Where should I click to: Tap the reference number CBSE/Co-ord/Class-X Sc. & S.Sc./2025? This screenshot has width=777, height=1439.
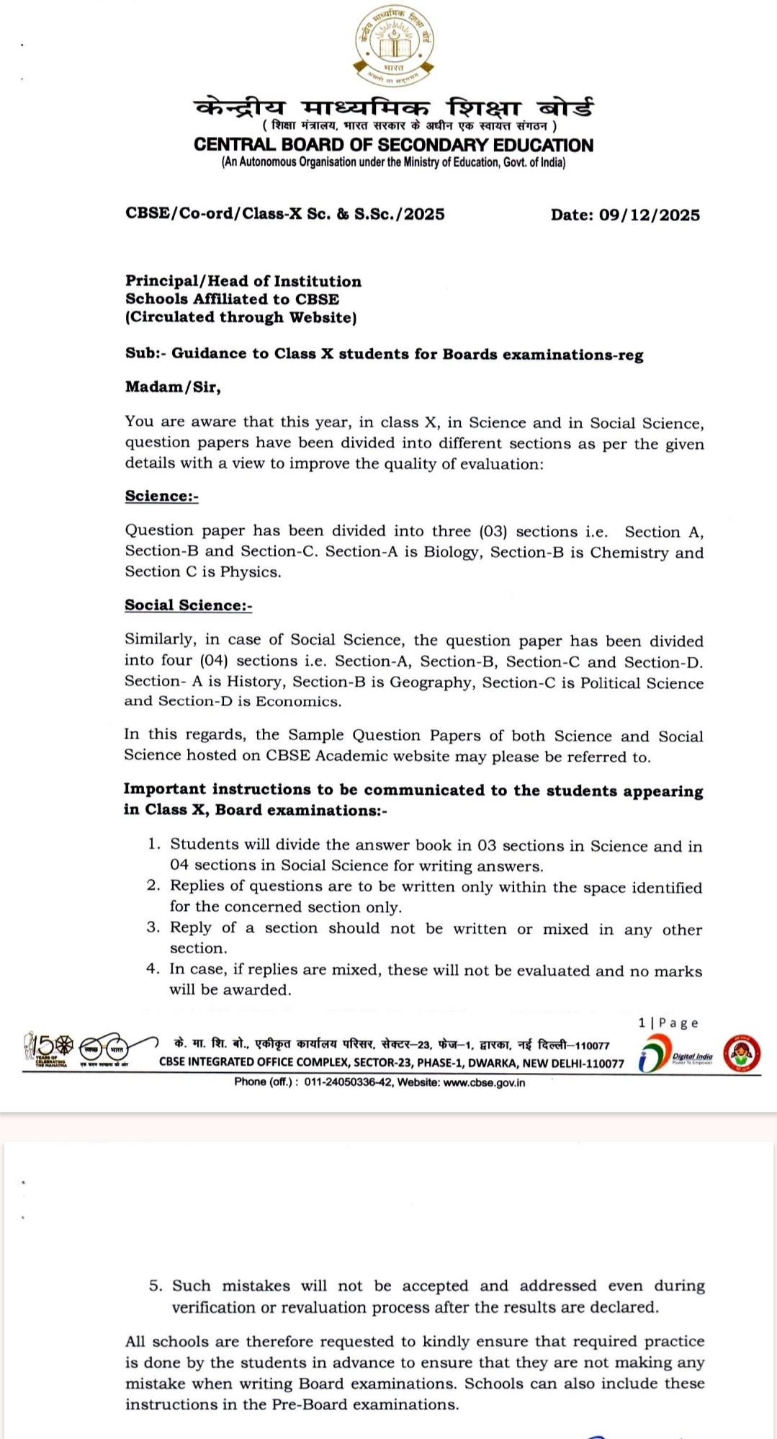tap(284, 214)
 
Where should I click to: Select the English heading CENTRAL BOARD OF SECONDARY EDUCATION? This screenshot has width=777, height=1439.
tap(393, 145)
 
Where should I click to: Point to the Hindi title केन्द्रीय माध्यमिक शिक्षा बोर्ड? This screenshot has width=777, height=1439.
tap(393, 108)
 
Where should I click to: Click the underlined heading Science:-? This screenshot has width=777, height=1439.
tap(161, 496)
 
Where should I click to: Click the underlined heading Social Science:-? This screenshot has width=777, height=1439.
tap(188, 605)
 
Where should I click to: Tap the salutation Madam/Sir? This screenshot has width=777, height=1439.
tap(173, 387)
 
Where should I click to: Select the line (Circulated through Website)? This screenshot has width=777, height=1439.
tap(241, 317)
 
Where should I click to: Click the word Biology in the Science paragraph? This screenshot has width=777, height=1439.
tap(451, 553)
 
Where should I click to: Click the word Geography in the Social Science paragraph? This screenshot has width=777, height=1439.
tap(431, 682)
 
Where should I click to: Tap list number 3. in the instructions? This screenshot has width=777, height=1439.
tap(153, 928)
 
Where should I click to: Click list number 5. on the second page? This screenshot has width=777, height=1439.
tap(156, 1286)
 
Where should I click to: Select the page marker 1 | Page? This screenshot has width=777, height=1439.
tap(668, 1023)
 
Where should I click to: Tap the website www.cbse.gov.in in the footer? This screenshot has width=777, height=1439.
tap(484, 1082)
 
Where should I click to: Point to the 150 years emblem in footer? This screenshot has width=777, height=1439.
tap(48, 1051)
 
